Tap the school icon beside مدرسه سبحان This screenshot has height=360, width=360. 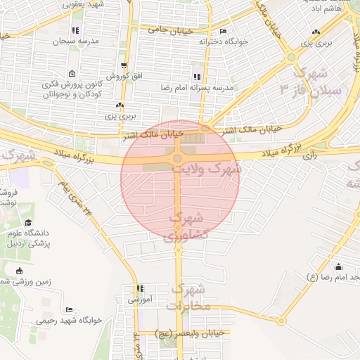75,31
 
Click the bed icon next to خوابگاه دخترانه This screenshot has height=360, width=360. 223,32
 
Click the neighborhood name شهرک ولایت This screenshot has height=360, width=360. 216,169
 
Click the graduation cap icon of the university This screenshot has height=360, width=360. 28,223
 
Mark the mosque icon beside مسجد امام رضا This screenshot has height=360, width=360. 339,266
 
